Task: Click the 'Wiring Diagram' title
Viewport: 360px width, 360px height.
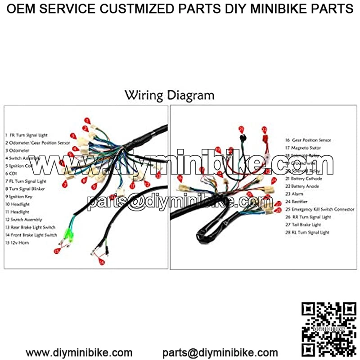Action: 169,95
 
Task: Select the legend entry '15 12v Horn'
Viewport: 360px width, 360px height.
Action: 18,243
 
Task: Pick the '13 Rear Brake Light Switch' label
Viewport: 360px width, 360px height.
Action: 31,227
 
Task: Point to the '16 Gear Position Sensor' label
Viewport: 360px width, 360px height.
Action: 308,140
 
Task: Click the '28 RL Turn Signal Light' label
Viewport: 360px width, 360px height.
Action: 307,232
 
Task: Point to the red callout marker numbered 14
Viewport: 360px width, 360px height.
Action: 102,262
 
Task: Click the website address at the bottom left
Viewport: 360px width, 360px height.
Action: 79,352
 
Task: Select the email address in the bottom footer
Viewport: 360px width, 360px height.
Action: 220,352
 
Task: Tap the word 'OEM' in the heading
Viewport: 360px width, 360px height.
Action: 22,9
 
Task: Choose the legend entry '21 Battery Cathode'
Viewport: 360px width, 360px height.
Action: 303,178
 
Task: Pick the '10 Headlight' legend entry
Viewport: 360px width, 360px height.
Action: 18,204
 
